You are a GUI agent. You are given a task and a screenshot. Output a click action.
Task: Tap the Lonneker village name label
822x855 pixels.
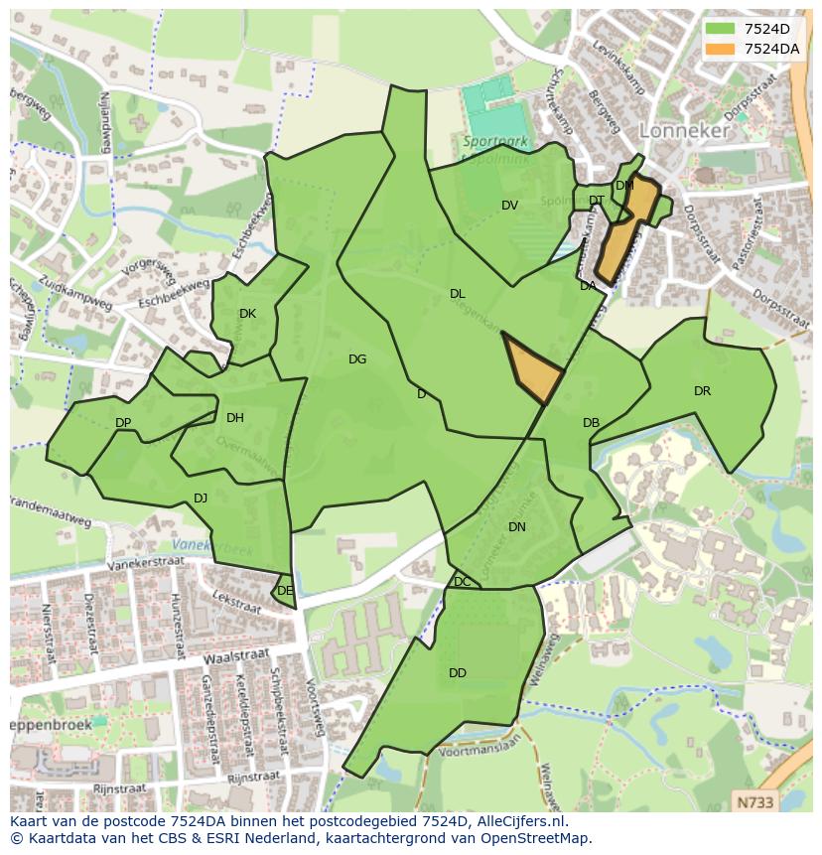tap(684, 130)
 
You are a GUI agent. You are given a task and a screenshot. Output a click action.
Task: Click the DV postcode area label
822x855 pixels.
tap(509, 206)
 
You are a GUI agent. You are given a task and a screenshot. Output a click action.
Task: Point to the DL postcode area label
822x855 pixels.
tap(457, 294)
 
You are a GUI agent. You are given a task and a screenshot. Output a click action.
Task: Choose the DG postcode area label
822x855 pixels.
tap(357, 359)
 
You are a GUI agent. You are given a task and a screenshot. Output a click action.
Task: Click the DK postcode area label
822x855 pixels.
tap(247, 314)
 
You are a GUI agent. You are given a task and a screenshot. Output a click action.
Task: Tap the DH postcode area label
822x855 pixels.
tap(234, 418)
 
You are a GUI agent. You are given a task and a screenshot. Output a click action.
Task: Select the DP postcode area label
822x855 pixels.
tap(123, 423)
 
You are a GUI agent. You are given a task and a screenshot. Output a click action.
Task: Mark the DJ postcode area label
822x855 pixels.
tap(201, 499)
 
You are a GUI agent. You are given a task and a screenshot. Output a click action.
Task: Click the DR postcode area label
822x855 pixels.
tap(702, 391)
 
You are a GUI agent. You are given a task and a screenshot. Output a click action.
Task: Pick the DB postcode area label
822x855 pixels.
tap(591, 423)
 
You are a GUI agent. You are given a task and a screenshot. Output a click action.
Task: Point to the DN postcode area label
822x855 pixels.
tap(516, 527)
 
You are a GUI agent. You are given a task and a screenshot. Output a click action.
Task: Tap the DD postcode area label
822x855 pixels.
tap(457, 673)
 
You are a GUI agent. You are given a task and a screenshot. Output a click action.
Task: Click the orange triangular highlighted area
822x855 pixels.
tap(532, 367)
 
